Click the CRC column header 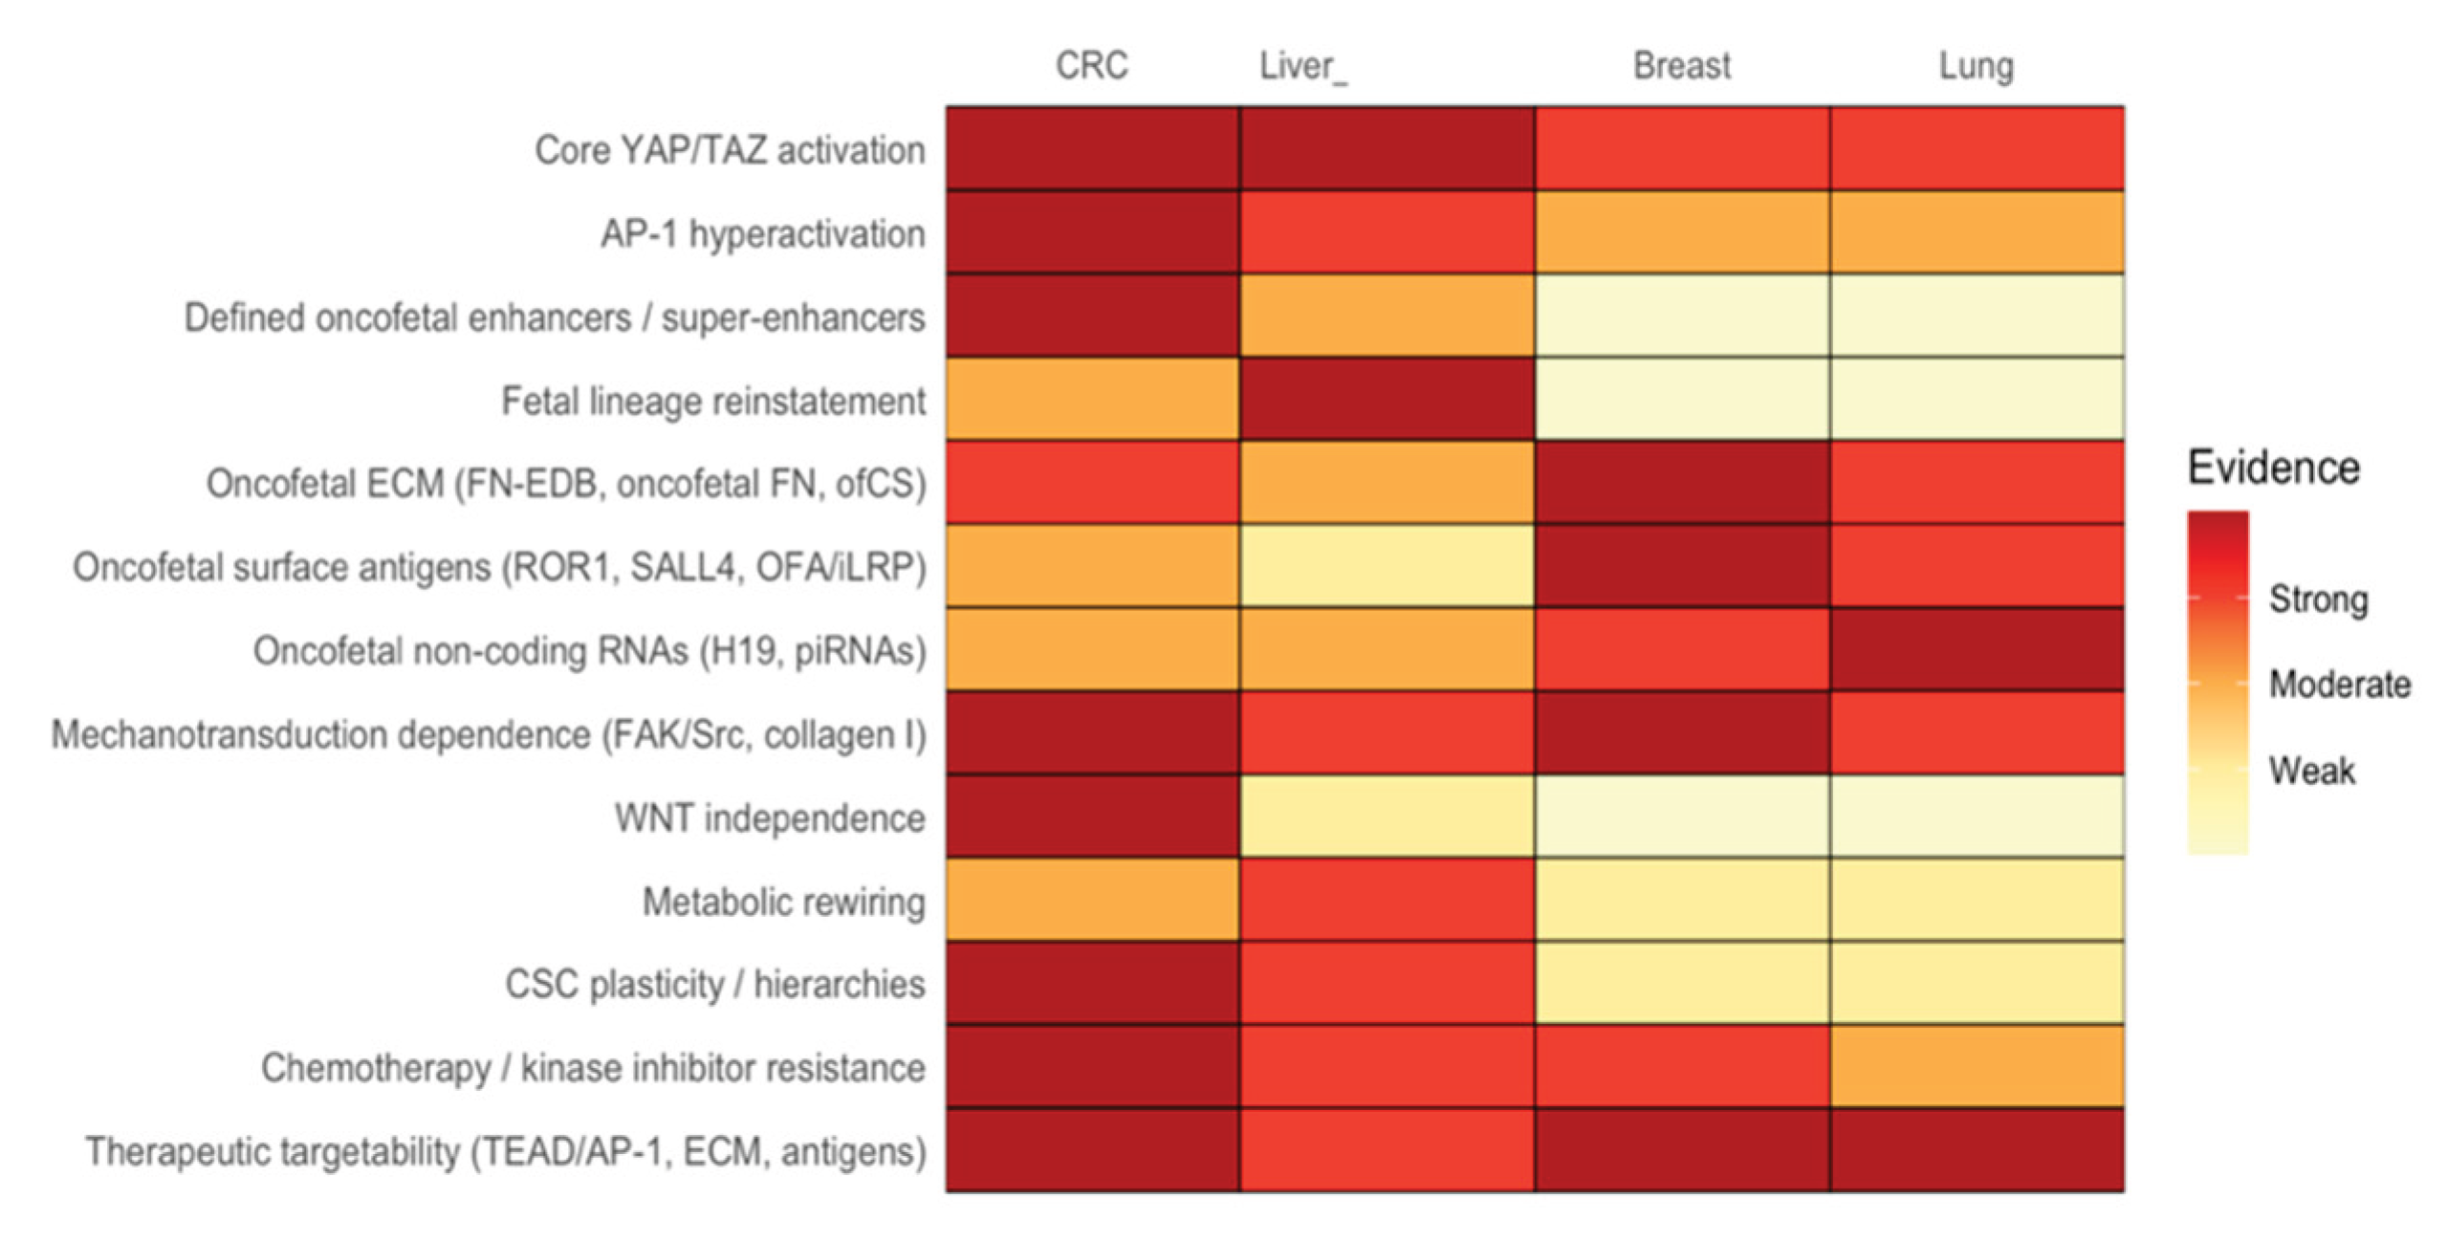coord(1091,66)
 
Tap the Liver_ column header coord(1301,66)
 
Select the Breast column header coord(1681,66)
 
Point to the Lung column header coord(1976,66)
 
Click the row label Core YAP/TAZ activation coord(730,150)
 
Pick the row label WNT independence coord(770,818)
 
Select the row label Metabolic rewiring coord(783,902)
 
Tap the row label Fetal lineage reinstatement coord(713,401)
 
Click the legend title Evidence coord(2273,468)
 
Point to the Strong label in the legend coord(2318,599)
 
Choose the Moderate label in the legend coord(2339,685)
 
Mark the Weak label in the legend coord(2311,771)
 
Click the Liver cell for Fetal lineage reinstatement coord(1387,400)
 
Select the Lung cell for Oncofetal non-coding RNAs coord(1977,650)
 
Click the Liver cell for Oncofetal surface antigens coord(1387,566)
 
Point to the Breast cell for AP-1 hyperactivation coord(1681,232)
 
